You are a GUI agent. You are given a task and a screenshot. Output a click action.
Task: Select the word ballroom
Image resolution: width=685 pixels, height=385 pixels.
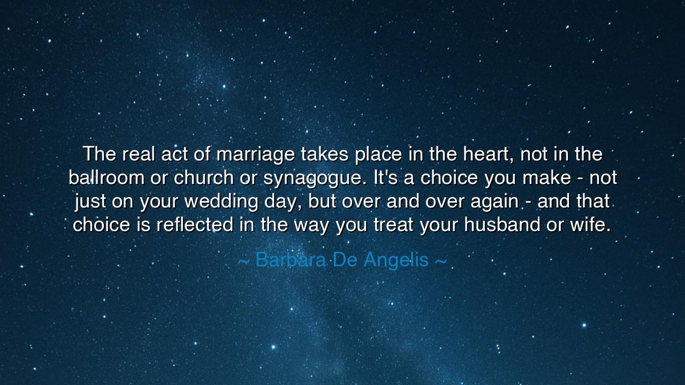(106, 178)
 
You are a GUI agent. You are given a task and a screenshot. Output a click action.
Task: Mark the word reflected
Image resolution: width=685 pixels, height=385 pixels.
(195, 225)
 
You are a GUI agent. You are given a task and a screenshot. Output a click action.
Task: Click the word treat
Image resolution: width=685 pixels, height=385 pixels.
(393, 225)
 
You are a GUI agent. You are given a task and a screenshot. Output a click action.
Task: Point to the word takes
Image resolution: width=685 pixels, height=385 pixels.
(325, 155)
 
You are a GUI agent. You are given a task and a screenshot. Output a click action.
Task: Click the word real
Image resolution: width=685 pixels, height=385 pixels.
(138, 155)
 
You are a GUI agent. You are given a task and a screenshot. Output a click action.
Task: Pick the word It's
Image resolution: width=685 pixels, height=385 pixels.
(385, 178)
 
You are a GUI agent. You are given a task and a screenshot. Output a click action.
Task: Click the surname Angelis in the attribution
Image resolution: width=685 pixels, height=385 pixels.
(397, 260)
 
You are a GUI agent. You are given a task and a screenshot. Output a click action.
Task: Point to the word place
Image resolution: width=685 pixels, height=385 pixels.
(378, 155)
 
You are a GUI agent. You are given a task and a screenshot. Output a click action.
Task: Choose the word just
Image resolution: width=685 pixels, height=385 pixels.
(90, 202)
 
